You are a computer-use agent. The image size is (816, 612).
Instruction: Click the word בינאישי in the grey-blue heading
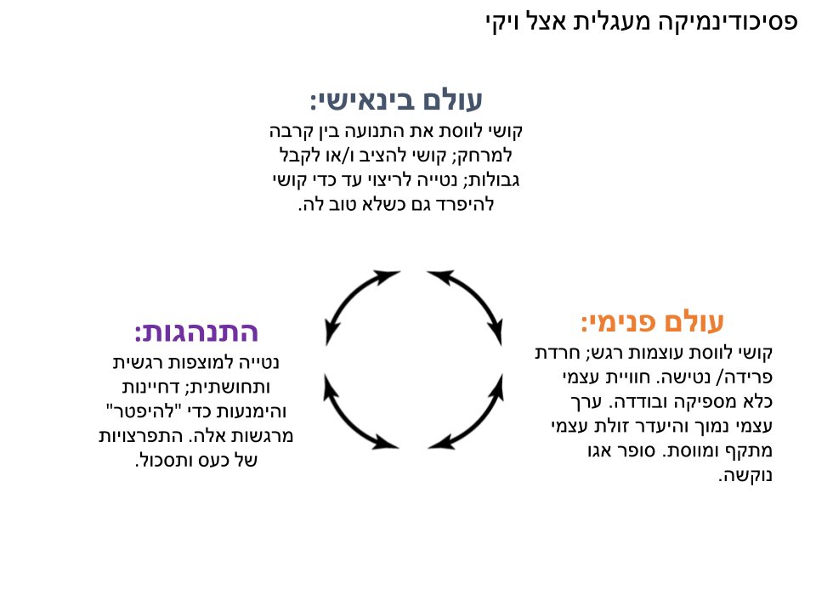[363, 100]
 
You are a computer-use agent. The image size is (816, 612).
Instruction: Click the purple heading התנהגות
[196, 331]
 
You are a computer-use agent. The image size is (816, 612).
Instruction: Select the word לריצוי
[388, 179]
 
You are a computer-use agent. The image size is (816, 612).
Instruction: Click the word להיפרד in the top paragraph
[467, 204]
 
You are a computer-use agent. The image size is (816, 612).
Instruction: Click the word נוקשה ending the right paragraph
[745, 475]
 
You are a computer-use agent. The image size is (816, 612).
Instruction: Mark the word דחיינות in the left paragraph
[151, 387]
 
